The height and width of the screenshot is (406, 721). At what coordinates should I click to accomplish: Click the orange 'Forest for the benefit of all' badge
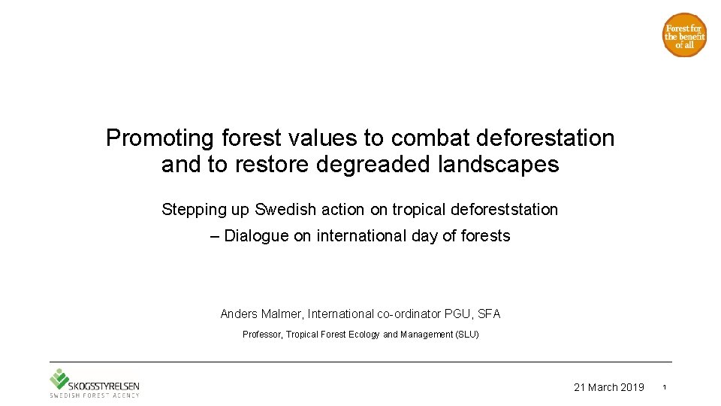[x=684, y=35]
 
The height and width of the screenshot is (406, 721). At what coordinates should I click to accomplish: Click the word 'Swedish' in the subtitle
[x=282, y=210]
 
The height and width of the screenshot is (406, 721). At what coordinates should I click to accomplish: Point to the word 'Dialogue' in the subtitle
[x=256, y=236]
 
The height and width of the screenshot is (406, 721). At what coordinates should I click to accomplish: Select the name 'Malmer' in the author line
[x=282, y=314]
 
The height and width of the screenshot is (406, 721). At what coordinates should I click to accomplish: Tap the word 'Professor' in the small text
[x=262, y=335]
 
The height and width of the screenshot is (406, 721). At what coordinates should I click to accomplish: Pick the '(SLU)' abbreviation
[x=466, y=335]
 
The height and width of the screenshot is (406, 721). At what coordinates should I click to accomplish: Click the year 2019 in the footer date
[x=632, y=387]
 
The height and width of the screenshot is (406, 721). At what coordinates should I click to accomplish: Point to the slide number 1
[x=665, y=387]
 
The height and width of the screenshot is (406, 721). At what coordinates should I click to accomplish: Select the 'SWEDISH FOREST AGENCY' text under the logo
[x=95, y=395]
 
